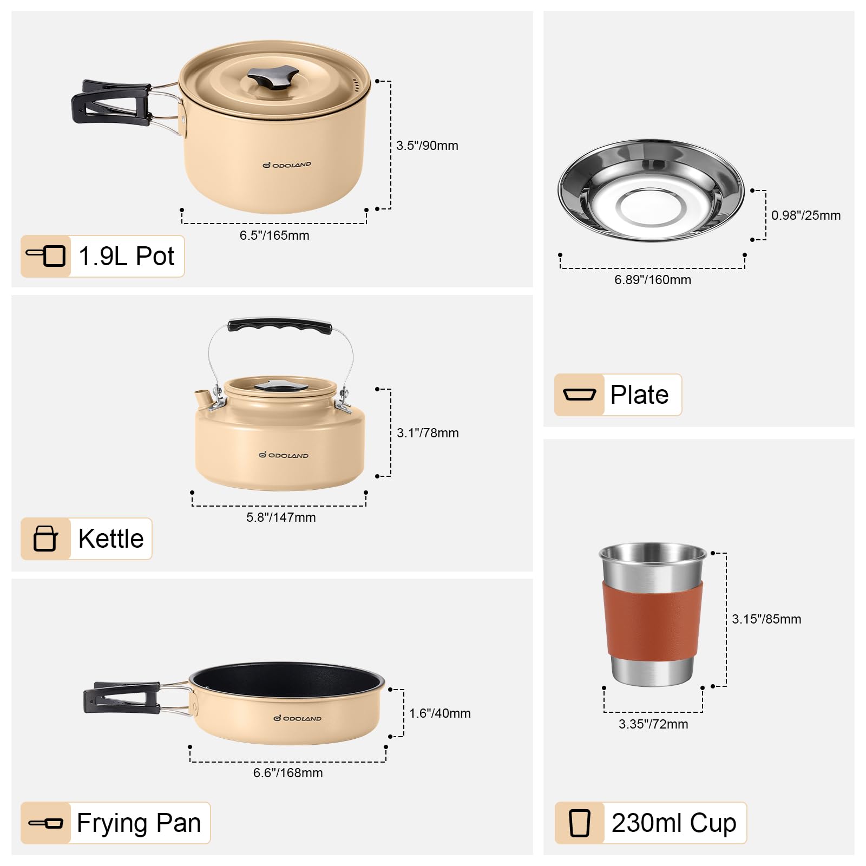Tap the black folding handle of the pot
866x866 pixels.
[111, 103]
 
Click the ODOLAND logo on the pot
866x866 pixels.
[287, 165]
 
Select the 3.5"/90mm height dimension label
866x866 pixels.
[427, 146]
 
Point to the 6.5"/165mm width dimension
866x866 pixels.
[274, 235]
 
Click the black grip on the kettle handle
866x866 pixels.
[280, 326]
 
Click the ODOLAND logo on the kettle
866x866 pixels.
[284, 455]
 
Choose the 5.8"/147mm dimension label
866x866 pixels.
[281, 517]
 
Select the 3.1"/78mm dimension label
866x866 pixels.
[428, 433]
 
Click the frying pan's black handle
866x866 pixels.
[122, 697]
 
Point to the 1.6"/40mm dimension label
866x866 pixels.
[440, 713]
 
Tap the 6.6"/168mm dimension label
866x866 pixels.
[288, 773]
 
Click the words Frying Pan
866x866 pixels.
[139, 823]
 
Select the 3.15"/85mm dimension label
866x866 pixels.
[766, 619]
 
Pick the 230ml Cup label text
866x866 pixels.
[674, 823]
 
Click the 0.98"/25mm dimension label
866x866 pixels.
[806, 215]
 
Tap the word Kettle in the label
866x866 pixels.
[111, 539]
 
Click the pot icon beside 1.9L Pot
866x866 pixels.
[46, 255]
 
